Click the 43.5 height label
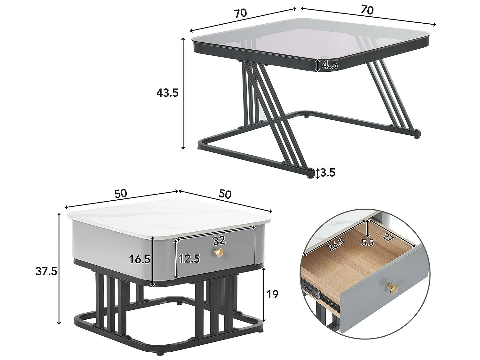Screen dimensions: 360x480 click(x=167, y=93)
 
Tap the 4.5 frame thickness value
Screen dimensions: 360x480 click(x=330, y=65)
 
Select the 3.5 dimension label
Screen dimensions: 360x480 click(x=327, y=173)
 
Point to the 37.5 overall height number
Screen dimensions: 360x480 click(x=46, y=271)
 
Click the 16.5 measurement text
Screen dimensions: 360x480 click(x=140, y=259)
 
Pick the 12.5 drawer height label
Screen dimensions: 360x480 click(x=189, y=259)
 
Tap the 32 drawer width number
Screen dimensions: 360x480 click(x=219, y=240)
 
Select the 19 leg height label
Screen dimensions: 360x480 click(x=272, y=294)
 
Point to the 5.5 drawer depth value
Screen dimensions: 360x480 click(x=367, y=243)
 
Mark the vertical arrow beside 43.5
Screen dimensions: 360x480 click(x=183, y=93)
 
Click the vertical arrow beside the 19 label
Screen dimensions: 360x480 click(x=264, y=294)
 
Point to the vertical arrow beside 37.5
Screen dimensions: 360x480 click(x=59, y=269)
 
